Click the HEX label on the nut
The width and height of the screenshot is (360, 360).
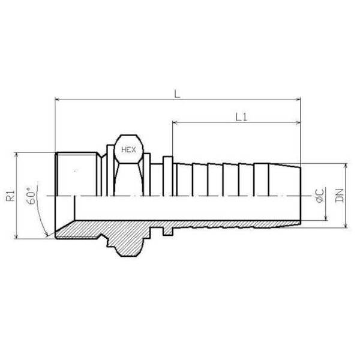[x=128, y=150]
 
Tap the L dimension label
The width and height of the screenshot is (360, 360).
[x=177, y=94]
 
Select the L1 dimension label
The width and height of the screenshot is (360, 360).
[x=241, y=117]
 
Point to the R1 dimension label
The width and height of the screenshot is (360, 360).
[x=10, y=196]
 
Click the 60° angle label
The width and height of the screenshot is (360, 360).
[x=31, y=196]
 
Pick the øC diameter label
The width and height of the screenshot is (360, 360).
[x=320, y=195]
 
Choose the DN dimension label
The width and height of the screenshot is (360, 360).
[x=340, y=196]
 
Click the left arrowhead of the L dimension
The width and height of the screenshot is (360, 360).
[x=58, y=100]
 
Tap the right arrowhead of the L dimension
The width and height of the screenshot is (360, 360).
[x=298, y=100]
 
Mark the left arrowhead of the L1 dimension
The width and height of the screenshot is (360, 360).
[x=175, y=122]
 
